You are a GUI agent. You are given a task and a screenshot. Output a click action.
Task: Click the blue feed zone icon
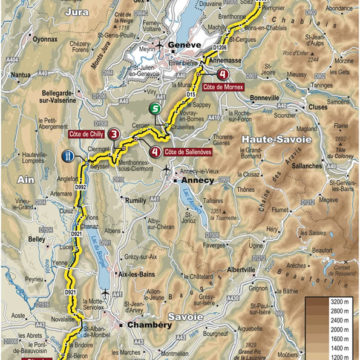67,155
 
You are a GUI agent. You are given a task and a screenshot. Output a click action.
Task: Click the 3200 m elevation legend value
342,300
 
